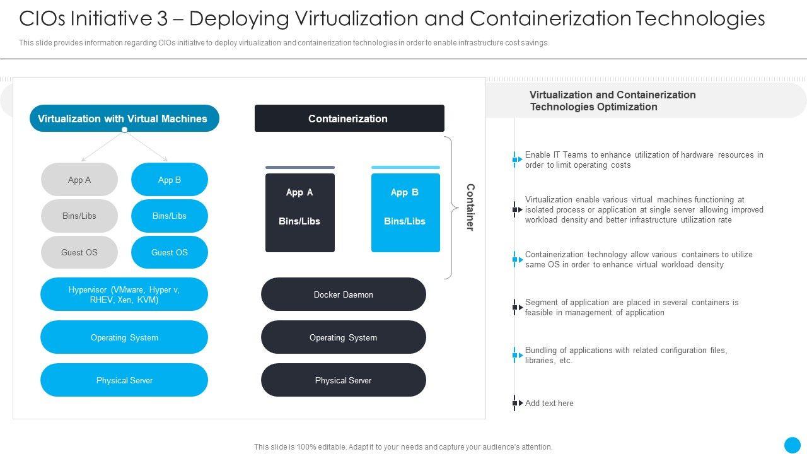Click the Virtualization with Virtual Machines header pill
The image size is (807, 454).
[x=124, y=119]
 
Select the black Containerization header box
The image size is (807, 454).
[x=349, y=119]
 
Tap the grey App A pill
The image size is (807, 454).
[x=79, y=180]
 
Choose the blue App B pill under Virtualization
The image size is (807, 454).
[x=170, y=180]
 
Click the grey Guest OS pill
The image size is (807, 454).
[x=79, y=252]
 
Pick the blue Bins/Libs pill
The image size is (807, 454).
[x=170, y=216]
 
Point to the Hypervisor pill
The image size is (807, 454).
[x=124, y=294]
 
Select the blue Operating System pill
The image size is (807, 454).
[x=124, y=337]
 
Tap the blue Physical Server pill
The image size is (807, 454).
[x=124, y=380]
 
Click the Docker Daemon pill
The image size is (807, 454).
[x=344, y=294]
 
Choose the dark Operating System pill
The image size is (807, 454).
[x=344, y=337]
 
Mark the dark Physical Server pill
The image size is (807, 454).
[x=344, y=380]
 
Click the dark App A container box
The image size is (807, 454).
[x=300, y=212]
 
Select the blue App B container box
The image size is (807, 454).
[x=405, y=212]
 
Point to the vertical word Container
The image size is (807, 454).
[x=470, y=207]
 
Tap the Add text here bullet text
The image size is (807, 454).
[x=549, y=404]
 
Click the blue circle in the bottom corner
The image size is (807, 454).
[x=792, y=445]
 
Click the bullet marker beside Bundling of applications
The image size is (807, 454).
[x=516, y=356]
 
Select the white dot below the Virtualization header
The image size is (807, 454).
[x=125, y=130]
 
